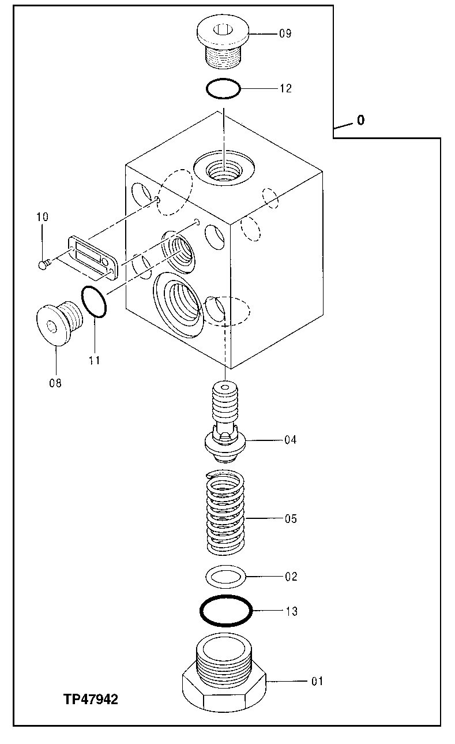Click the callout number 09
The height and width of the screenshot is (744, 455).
coord(285,33)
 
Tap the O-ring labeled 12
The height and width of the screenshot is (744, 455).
coord(223,89)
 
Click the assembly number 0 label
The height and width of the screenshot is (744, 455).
coord(360,120)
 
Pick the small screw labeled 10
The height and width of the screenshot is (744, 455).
coord(44,264)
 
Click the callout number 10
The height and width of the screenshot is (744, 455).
coord(42,217)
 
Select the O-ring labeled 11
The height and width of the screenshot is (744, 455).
coord(94,302)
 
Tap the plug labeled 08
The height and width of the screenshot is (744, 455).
coord(57,324)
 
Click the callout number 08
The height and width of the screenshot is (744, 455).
coord(55,383)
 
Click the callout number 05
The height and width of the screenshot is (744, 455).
coord(290,519)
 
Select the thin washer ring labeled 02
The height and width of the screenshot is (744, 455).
coord(225,576)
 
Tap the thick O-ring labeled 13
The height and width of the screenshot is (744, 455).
coord(225,611)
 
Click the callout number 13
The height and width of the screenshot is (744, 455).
coord(291,611)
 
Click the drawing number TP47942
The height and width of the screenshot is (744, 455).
coord(91,700)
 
